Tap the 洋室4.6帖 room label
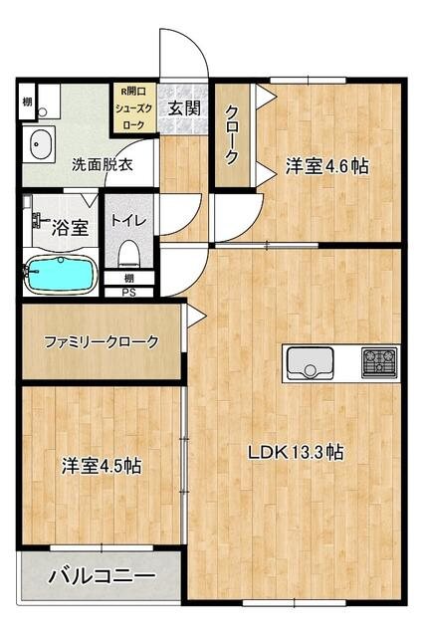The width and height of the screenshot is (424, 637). pyautogui.click(x=327, y=166)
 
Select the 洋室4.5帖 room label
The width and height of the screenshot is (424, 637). pyautogui.click(x=101, y=465)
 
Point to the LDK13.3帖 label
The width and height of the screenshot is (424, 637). pyautogui.click(x=296, y=452)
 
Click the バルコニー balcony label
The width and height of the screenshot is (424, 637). pyautogui.click(x=101, y=576)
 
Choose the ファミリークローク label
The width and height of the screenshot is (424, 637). pyautogui.click(x=101, y=341)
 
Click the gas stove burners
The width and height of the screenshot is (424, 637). pyautogui.click(x=380, y=361)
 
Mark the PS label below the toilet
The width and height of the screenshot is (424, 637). pyautogui.click(x=129, y=293)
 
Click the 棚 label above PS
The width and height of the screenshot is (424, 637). pyautogui.click(x=129, y=279)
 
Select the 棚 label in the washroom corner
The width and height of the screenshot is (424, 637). pyautogui.click(x=27, y=103)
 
